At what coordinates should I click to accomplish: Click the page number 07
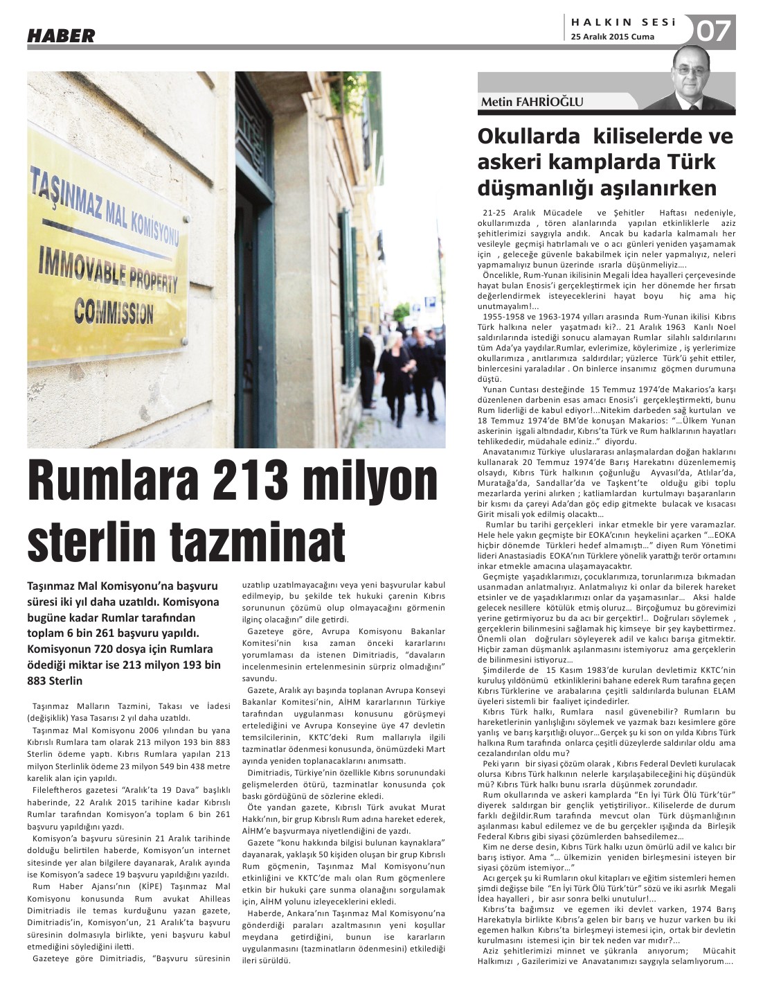pos(714,31)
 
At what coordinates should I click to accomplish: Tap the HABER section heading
pos(61,36)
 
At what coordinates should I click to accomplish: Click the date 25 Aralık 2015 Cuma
pos(612,37)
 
